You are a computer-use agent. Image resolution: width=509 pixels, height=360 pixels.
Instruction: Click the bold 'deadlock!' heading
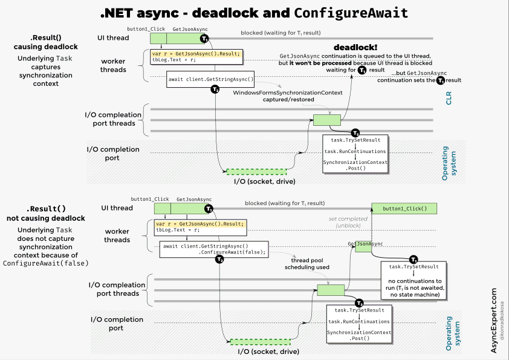tap(356, 47)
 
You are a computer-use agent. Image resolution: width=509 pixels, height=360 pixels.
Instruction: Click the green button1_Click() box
tap(404, 209)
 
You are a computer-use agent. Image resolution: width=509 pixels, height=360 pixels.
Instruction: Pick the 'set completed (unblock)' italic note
tap(348, 222)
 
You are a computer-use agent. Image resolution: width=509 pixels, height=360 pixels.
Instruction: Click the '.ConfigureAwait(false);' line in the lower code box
tap(232, 253)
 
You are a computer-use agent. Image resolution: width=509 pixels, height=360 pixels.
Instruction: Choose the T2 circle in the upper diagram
tap(215, 90)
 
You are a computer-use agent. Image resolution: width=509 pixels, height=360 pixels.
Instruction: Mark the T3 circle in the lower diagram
tap(359, 303)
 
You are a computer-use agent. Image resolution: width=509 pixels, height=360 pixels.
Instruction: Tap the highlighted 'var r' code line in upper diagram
tap(196, 54)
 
